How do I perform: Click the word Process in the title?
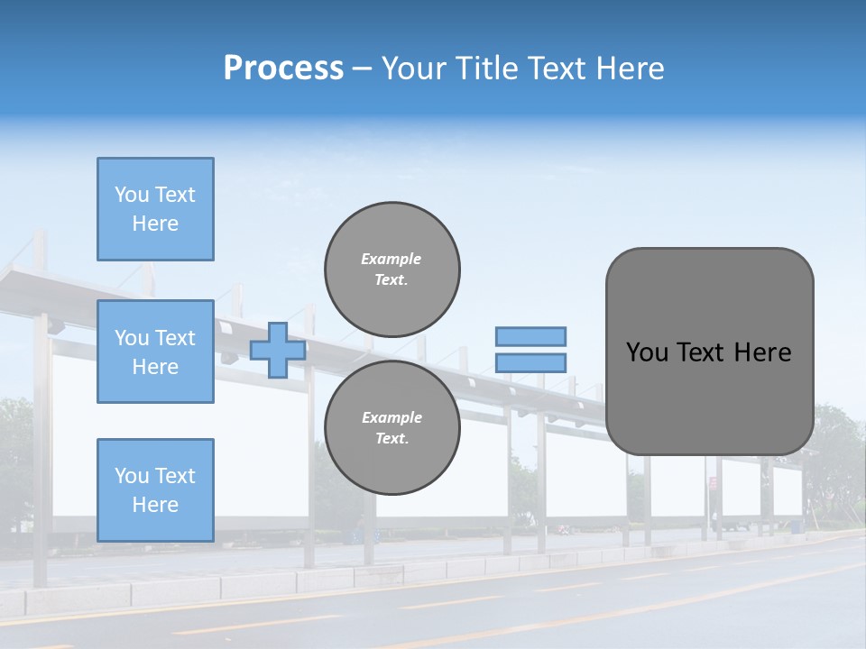click(283, 69)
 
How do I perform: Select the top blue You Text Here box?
click(155, 209)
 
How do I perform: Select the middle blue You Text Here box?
click(155, 352)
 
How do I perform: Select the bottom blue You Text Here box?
click(155, 490)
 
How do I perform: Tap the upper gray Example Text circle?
click(392, 270)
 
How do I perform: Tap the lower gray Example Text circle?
click(392, 428)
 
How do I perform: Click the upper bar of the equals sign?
click(530, 336)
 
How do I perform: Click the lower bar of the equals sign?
click(530, 363)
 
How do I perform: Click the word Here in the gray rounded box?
click(762, 352)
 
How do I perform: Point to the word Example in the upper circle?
click(392, 259)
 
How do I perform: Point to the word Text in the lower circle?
click(391, 439)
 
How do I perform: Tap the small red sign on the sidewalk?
click(713, 483)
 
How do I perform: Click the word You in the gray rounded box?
click(647, 352)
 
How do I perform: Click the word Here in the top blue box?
click(155, 224)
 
